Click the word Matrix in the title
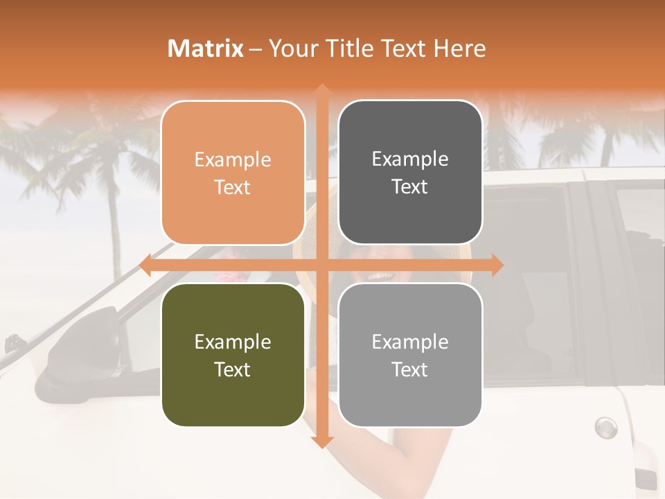(206, 49)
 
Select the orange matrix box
(233, 173)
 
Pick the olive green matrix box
(233, 355)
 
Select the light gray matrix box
(410, 355)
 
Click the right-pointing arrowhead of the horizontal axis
(497, 265)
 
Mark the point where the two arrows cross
(321, 265)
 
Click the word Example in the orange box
(233, 159)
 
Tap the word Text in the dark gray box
(410, 186)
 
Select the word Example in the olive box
(233, 342)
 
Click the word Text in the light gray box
(410, 369)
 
